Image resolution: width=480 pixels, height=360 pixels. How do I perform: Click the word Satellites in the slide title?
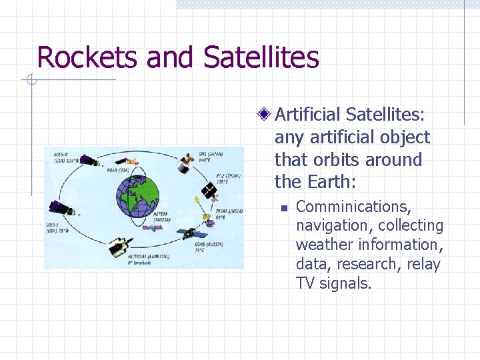[x=261, y=57]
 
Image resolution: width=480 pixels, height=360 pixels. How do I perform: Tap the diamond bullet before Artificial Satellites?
[x=265, y=115]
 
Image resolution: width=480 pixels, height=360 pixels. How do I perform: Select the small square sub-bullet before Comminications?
[x=283, y=208]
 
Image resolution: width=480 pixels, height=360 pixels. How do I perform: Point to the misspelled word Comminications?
[x=353, y=207]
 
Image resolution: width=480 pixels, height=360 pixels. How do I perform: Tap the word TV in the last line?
[x=305, y=283]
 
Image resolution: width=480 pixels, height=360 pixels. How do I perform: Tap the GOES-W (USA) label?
[x=66, y=157]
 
